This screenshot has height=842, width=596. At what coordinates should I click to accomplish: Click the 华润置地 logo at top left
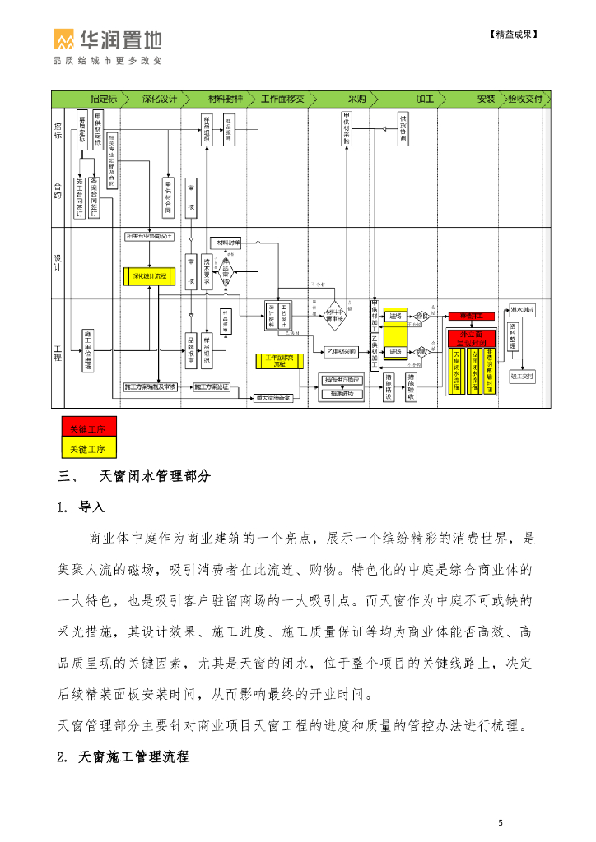coord(107,40)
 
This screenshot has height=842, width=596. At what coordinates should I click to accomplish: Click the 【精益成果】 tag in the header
coord(514,35)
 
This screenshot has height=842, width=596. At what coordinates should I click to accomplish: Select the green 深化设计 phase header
coord(160,99)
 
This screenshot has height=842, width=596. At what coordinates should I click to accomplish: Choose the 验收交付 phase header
coord(525,99)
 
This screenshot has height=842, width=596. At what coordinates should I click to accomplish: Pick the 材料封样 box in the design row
coord(226,243)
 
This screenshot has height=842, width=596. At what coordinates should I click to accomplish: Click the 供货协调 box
coord(403,130)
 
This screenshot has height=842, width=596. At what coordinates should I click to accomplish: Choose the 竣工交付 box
coord(522,377)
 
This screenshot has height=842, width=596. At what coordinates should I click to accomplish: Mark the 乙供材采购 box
coord(339,351)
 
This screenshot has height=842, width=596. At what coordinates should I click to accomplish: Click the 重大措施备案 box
coord(272,397)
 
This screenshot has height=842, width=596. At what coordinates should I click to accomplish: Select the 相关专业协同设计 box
coord(149,236)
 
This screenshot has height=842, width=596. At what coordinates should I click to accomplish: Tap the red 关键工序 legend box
coord(87,428)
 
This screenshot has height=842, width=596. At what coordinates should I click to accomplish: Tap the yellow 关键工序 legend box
coord(87,448)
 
